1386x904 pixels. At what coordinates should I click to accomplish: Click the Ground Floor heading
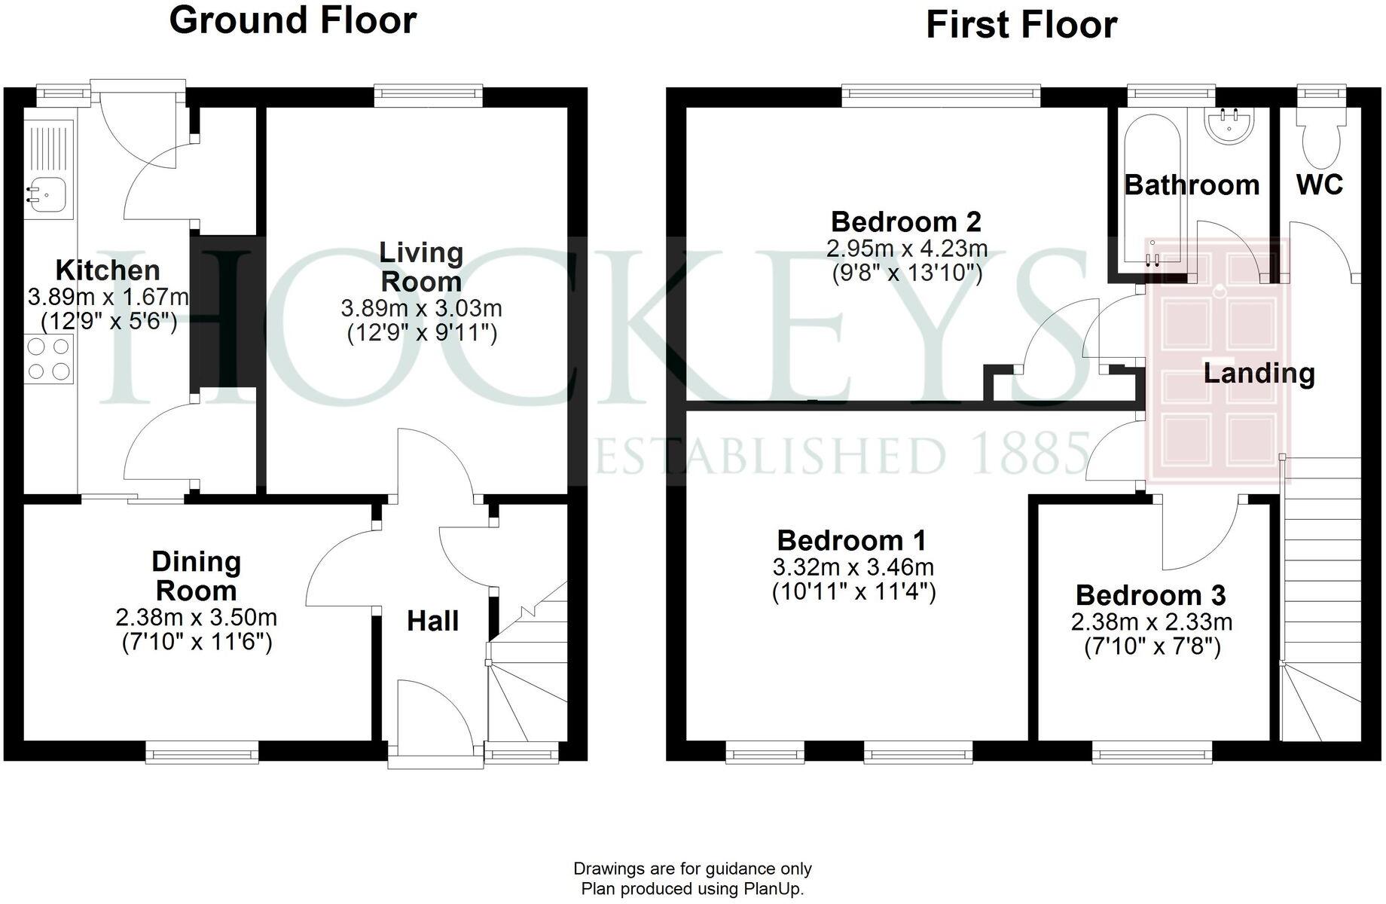click(292, 20)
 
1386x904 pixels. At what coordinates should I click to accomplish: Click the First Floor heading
click(1021, 25)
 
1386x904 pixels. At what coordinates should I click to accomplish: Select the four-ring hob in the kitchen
click(49, 359)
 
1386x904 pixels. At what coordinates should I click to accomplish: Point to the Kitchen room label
click(108, 270)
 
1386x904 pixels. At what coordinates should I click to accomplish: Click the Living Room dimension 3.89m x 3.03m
click(421, 308)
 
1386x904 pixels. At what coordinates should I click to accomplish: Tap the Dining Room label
click(196, 576)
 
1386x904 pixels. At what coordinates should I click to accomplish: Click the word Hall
click(432, 621)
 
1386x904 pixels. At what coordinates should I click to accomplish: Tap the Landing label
click(1259, 373)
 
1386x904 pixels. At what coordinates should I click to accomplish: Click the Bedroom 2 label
click(906, 221)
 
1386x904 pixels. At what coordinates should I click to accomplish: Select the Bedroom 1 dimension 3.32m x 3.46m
click(853, 567)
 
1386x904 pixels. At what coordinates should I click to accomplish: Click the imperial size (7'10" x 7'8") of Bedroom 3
click(1152, 646)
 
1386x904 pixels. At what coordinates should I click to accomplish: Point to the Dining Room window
click(202, 752)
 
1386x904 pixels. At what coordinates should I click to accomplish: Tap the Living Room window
click(429, 92)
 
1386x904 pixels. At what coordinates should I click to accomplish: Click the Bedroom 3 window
click(1152, 752)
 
